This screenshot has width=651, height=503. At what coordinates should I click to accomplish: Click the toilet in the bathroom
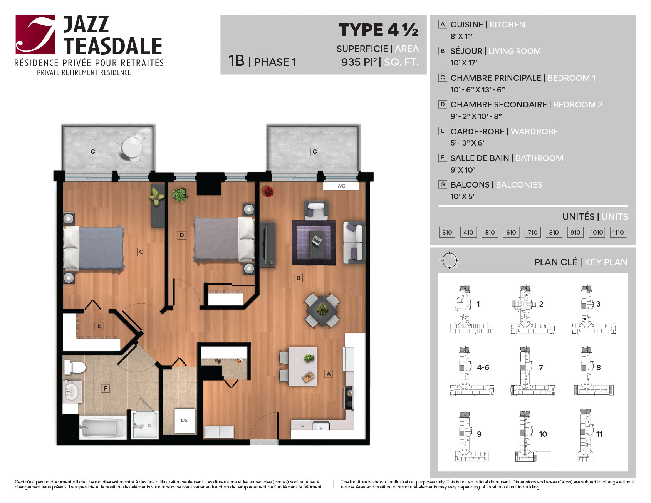[x=74, y=367]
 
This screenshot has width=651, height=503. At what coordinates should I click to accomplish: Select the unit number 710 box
[x=532, y=232]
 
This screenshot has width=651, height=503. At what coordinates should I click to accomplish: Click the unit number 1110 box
[x=618, y=232]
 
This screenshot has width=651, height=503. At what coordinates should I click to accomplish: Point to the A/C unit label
[x=341, y=186]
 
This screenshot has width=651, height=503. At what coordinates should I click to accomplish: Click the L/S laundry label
[x=184, y=420]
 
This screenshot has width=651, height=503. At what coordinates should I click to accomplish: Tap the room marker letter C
[x=141, y=252]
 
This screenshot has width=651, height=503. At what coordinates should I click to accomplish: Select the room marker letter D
[x=182, y=235]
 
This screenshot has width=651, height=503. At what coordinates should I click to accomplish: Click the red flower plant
[x=267, y=191]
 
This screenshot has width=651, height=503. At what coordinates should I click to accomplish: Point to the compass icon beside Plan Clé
[x=449, y=261]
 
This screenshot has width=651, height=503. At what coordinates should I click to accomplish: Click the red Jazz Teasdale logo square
[x=35, y=34]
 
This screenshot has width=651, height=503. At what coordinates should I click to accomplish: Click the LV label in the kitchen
[x=302, y=426]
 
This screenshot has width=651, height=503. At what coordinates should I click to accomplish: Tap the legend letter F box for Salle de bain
[x=443, y=158]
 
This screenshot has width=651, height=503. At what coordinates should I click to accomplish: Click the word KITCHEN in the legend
[x=507, y=25]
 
